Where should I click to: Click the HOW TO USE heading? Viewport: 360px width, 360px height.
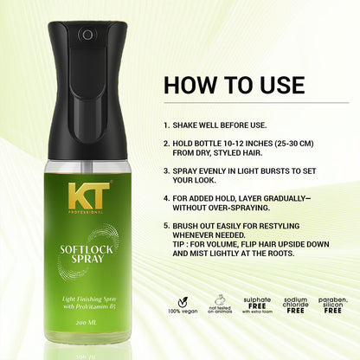pos(234,85)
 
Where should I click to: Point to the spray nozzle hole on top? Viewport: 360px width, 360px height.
pos(87,35)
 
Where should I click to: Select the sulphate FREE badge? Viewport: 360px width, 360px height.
pos(257,309)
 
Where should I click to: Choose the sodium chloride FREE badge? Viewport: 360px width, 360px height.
pos(297,309)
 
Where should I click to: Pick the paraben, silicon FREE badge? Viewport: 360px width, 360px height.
pos(336,309)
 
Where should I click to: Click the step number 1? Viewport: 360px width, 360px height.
pos(165,124)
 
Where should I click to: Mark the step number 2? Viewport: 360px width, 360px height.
pos(165,145)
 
